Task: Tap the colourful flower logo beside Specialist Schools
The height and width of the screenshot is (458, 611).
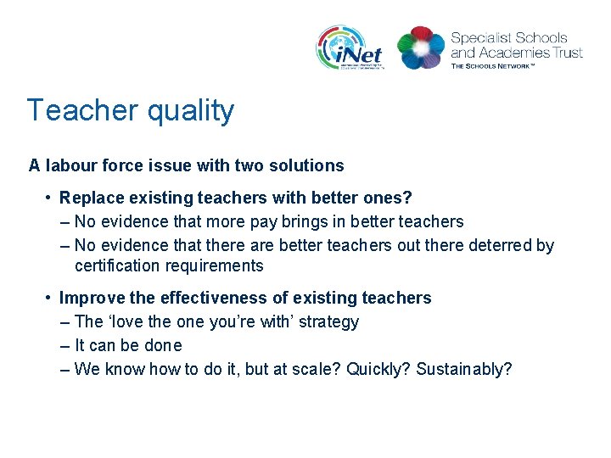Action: click(x=421, y=47)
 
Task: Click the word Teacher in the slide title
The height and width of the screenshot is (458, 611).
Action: click(x=81, y=110)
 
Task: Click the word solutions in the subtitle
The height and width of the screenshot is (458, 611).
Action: click(x=310, y=165)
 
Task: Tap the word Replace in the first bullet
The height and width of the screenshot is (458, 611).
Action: click(x=89, y=198)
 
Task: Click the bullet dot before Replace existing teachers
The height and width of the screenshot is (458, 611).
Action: click(x=50, y=198)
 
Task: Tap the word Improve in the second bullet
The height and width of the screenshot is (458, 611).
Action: click(x=87, y=298)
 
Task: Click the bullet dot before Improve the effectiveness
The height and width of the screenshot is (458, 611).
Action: click(x=50, y=298)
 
